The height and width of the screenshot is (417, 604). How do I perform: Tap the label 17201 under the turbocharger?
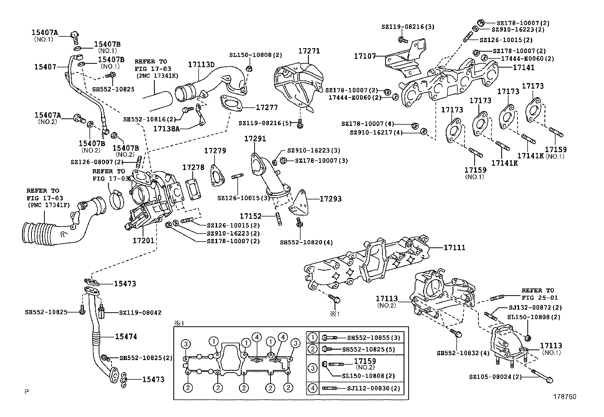pyautogui.click(x=143, y=240)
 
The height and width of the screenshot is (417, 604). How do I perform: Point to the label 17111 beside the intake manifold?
pyautogui.click(x=455, y=247)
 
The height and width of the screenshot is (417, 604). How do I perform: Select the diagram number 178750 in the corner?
pyautogui.click(x=565, y=397)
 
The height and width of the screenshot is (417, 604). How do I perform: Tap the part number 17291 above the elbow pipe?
pyautogui.click(x=255, y=139)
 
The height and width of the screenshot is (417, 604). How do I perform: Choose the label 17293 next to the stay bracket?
pyautogui.click(x=330, y=198)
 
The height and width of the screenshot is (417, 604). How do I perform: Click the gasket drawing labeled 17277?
pyautogui.click(x=231, y=104)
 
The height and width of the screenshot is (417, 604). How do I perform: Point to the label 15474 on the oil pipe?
pyautogui.click(x=126, y=337)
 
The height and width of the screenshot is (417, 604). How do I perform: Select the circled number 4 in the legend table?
pyautogui.click(x=312, y=388)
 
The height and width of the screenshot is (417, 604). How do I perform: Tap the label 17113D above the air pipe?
pyautogui.click(x=201, y=65)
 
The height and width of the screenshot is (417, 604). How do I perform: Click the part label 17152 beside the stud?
pyautogui.click(x=250, y=216)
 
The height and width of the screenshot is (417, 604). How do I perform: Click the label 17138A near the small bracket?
pyautogui.click(x=166, y=129)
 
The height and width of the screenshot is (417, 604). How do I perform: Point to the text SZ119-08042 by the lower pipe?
pyautogui.click(x=140, y=313)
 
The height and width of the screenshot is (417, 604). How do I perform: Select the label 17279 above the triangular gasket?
pyautogui.click(x=215, y=151)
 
